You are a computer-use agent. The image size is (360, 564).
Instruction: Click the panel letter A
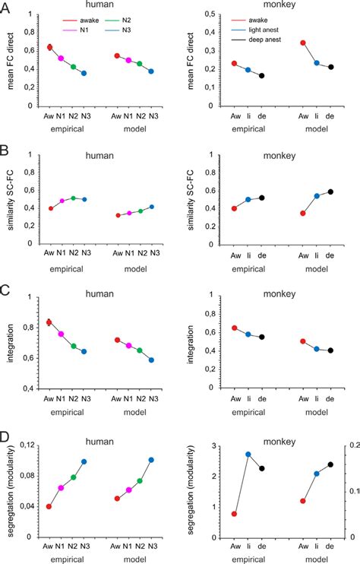(x=6, y=7)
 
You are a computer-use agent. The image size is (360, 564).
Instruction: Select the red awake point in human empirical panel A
(x=50, y=47)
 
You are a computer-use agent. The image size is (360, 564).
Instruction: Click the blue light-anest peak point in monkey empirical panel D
(x=248, y=454)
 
